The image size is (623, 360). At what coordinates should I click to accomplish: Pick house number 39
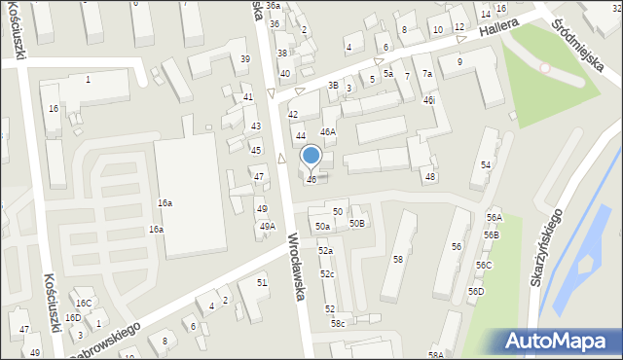(x=245, y=59)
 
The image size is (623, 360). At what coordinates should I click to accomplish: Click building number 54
(x=486, y=164)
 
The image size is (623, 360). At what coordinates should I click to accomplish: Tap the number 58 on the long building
(x=397, y=259)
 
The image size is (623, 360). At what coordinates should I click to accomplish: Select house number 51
(x=261, y=282)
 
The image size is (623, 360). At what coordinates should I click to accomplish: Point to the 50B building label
(x=358, y=224)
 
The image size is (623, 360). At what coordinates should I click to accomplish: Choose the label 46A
(x=328, y=131)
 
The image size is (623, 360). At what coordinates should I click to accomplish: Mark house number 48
(x=429, y=176)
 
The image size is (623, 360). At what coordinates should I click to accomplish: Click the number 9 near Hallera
(x=459, y=62)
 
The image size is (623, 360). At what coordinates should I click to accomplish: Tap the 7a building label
(x=426, y=74)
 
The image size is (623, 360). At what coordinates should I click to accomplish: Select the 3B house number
(x=332, y=86)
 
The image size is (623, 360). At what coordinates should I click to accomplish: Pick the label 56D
(x=475, y=291)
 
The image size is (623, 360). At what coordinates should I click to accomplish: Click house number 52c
(x=327, y=274)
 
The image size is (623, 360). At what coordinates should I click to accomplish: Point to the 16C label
(x=85, y=304)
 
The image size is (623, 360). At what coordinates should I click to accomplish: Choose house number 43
(x=256, y=126)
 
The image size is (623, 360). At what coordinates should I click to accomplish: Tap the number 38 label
(x=282, y=54)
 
